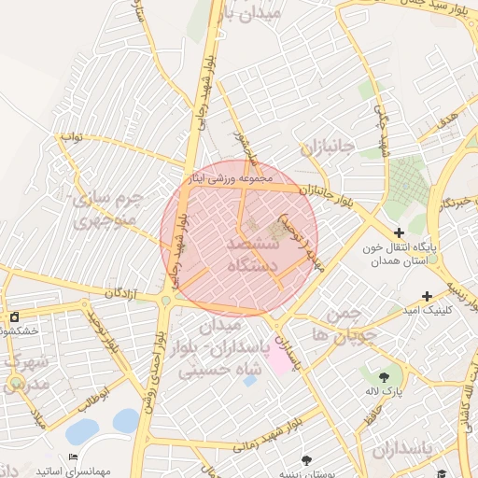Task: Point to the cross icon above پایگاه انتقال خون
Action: (x=400, y=232)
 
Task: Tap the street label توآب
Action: (x=72, y=136)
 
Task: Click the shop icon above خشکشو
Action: (x=14, y=316)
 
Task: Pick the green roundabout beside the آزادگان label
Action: (x=166, y=300)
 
